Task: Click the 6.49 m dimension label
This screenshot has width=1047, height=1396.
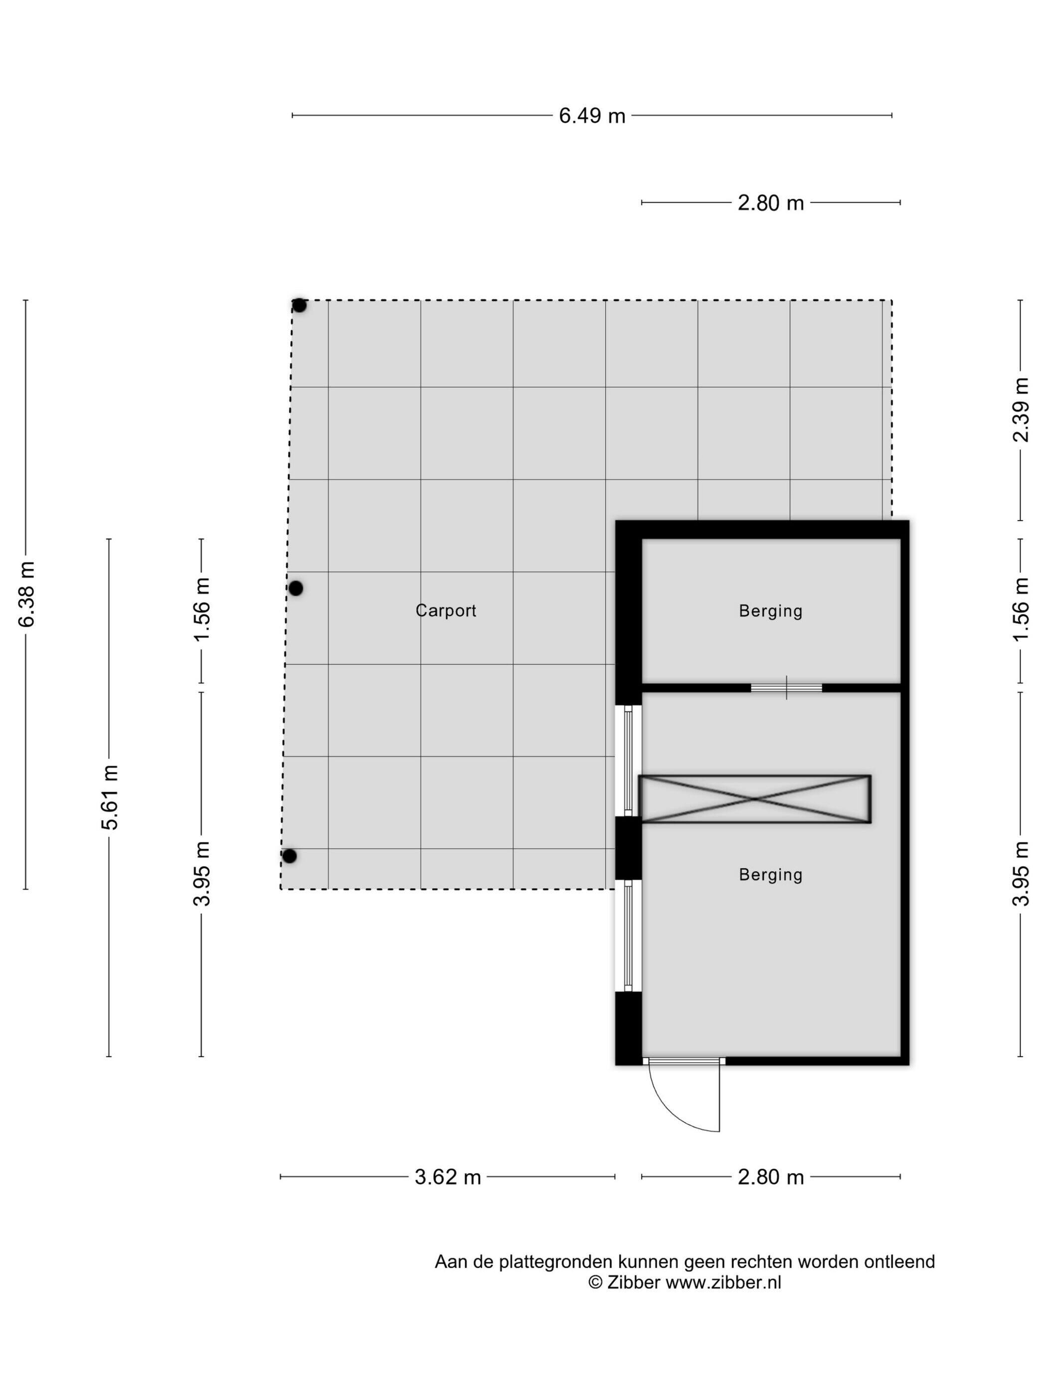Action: (592, 116)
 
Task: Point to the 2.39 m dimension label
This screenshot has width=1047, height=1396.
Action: (1021, 410)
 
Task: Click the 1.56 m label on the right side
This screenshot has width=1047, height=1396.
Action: (1021, 610)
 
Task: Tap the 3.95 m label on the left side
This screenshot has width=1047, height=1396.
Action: (201, 873)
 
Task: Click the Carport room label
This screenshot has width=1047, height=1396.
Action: (446, 610)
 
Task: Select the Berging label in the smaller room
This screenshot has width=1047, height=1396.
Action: (771, 611)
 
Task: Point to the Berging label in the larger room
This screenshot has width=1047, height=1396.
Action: (771, 874)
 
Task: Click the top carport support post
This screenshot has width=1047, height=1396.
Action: (299, 306)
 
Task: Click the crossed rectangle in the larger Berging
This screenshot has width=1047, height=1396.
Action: (755, 799)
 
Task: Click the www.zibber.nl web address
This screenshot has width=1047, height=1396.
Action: (723, 1282)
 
